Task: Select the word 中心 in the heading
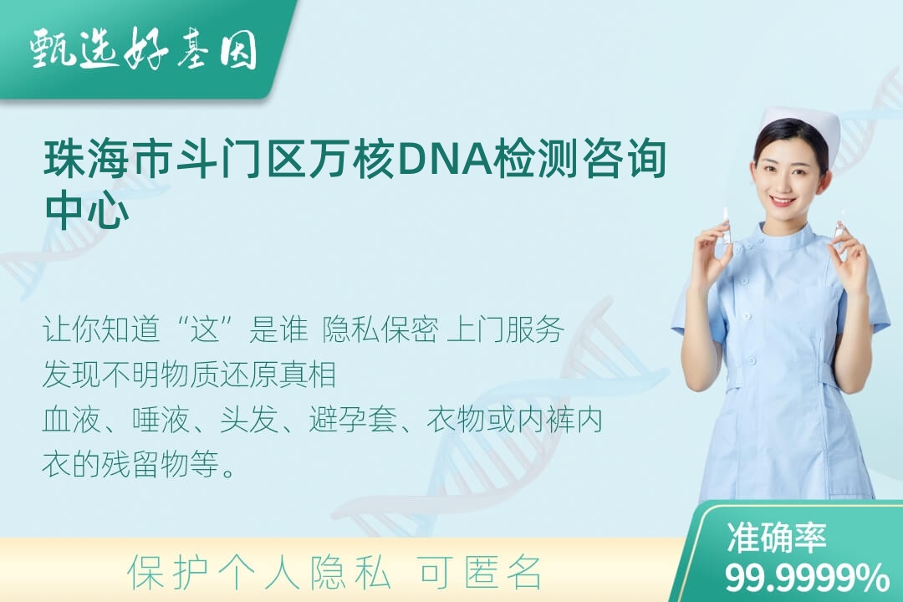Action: tap(87, 211)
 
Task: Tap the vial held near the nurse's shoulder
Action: tap(839, 224)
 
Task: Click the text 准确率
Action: tap(776, 538)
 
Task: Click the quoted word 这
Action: tap(207, 330)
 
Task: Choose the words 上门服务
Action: tap(505, 330)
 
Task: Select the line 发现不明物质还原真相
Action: tap(190, 375)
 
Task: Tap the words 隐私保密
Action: tap(380, 330)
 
